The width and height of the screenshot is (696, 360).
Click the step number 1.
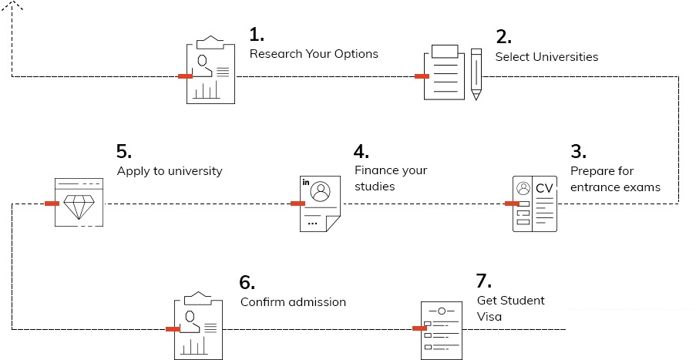point(257,35)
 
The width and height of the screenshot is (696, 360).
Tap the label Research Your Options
point(314,54)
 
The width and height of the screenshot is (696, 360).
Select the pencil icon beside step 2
point(476,74)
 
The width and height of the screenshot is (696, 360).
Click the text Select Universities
point(546,56)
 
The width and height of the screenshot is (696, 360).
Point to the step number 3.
point(578,151)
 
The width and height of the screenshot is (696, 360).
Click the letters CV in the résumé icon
point(545,189)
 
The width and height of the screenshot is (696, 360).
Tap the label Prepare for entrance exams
point(614,179)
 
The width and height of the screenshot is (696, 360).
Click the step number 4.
point(361,150)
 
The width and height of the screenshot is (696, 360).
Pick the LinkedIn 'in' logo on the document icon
point(306,183)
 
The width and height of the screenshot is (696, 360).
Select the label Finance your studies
point(390,178)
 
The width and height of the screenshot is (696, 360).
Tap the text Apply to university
point(170,171)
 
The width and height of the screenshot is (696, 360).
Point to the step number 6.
point(247,281)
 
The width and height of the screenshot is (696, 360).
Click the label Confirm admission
point(293,302)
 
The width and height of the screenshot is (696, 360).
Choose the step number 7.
point(484,281)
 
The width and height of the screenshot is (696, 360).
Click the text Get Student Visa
point(511,308)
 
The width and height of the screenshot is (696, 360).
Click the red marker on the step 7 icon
point(420,329)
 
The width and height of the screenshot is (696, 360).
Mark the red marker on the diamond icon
point(52,204)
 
